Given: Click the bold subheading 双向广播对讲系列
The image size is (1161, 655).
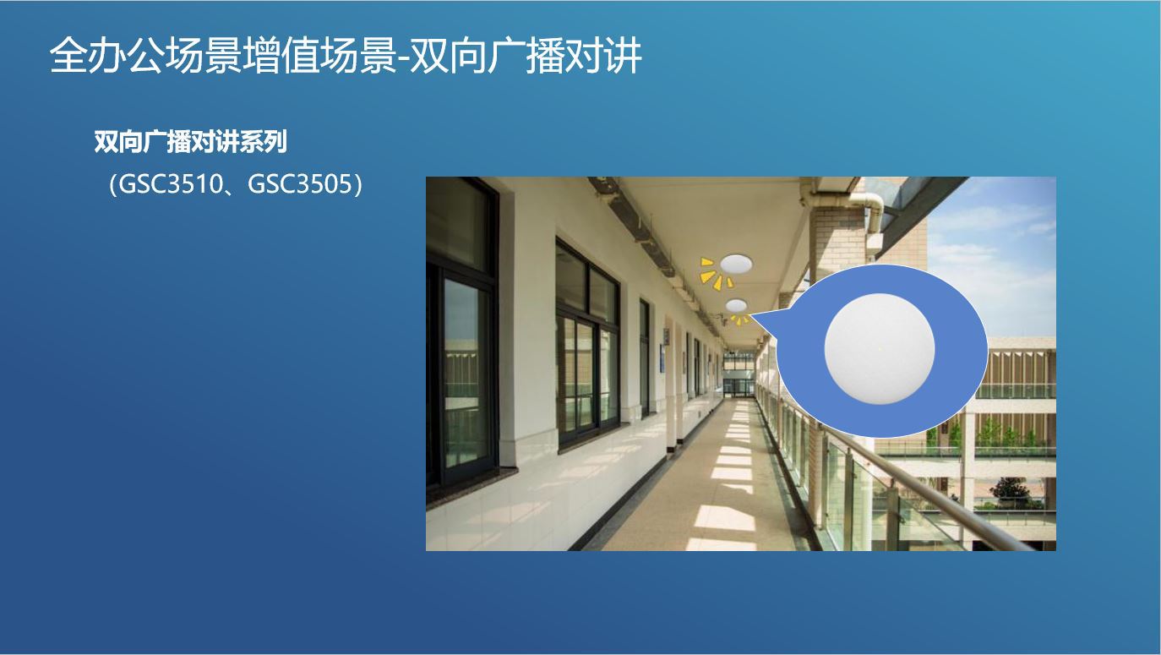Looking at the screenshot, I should [x=191, y=142].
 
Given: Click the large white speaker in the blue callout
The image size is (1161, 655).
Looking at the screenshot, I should [x=880, y=349].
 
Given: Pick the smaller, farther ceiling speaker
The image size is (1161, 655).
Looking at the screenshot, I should [x=736, y=304].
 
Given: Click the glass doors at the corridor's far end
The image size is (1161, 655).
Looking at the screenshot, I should [x=738, y=387].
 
